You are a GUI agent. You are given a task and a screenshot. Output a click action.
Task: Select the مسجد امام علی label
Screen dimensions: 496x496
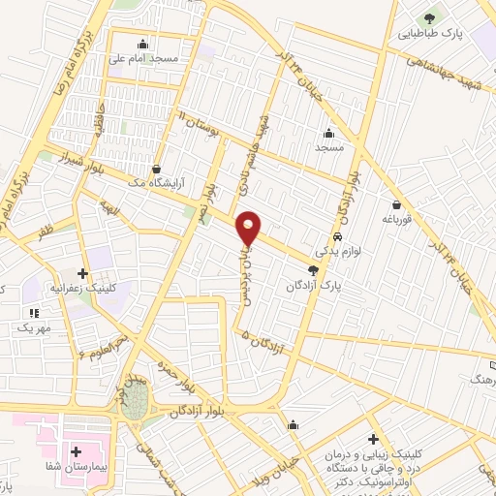(x=143, y=59)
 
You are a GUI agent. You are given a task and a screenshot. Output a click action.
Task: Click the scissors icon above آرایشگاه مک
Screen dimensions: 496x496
(x=157, y=170)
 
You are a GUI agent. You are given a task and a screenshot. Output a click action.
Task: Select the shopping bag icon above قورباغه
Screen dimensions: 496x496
(x=397, y=204)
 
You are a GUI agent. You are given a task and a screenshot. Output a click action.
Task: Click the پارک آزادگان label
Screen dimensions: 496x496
(x=312, y=286)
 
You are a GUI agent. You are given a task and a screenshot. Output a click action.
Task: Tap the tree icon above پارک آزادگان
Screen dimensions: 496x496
(x=312, y=271)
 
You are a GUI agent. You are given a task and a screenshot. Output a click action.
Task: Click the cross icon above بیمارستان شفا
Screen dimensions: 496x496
(x=76, y=451)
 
